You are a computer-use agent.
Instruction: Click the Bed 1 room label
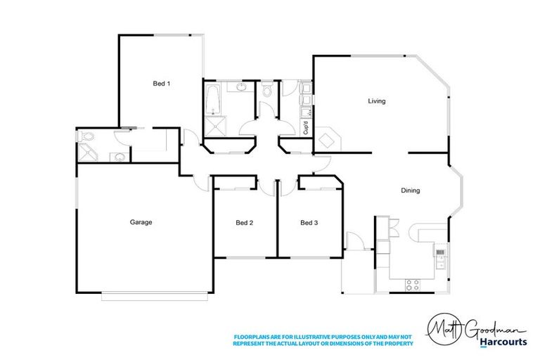click(x=162, y=84)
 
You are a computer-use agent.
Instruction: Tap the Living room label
click(x=377, y=101)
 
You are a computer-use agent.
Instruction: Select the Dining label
click(x=410, y=191)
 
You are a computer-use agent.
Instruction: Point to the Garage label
click(x=141, y=222)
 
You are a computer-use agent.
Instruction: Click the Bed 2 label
click(x=244, y=223)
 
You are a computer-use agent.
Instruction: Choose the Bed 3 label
click(x=309, y=223)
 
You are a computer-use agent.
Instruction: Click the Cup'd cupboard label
click(x=306, y=128)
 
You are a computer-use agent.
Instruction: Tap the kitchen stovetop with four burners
click(x=413, y=285)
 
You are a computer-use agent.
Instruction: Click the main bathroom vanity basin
click(x=241, y=88)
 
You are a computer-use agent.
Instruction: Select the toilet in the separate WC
click(x=266, y=91)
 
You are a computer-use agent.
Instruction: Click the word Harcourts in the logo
click(x=504, y=342)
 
